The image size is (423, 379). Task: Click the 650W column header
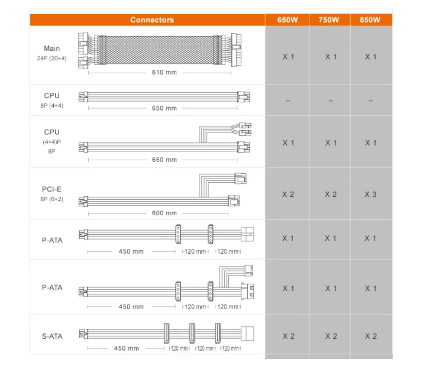coord(288,20)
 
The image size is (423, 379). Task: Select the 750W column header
coord(328,20)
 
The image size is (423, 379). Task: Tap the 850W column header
coord(370,20)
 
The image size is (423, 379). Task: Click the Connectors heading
coord(152,20)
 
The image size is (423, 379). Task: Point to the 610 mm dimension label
coord(164,72)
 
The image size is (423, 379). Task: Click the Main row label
coord(52,48)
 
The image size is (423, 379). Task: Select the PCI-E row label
coord(52,189)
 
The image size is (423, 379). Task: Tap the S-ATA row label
coord(52,336)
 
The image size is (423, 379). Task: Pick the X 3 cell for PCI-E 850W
coord(370,195)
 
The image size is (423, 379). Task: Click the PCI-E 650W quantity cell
coord(288,195)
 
